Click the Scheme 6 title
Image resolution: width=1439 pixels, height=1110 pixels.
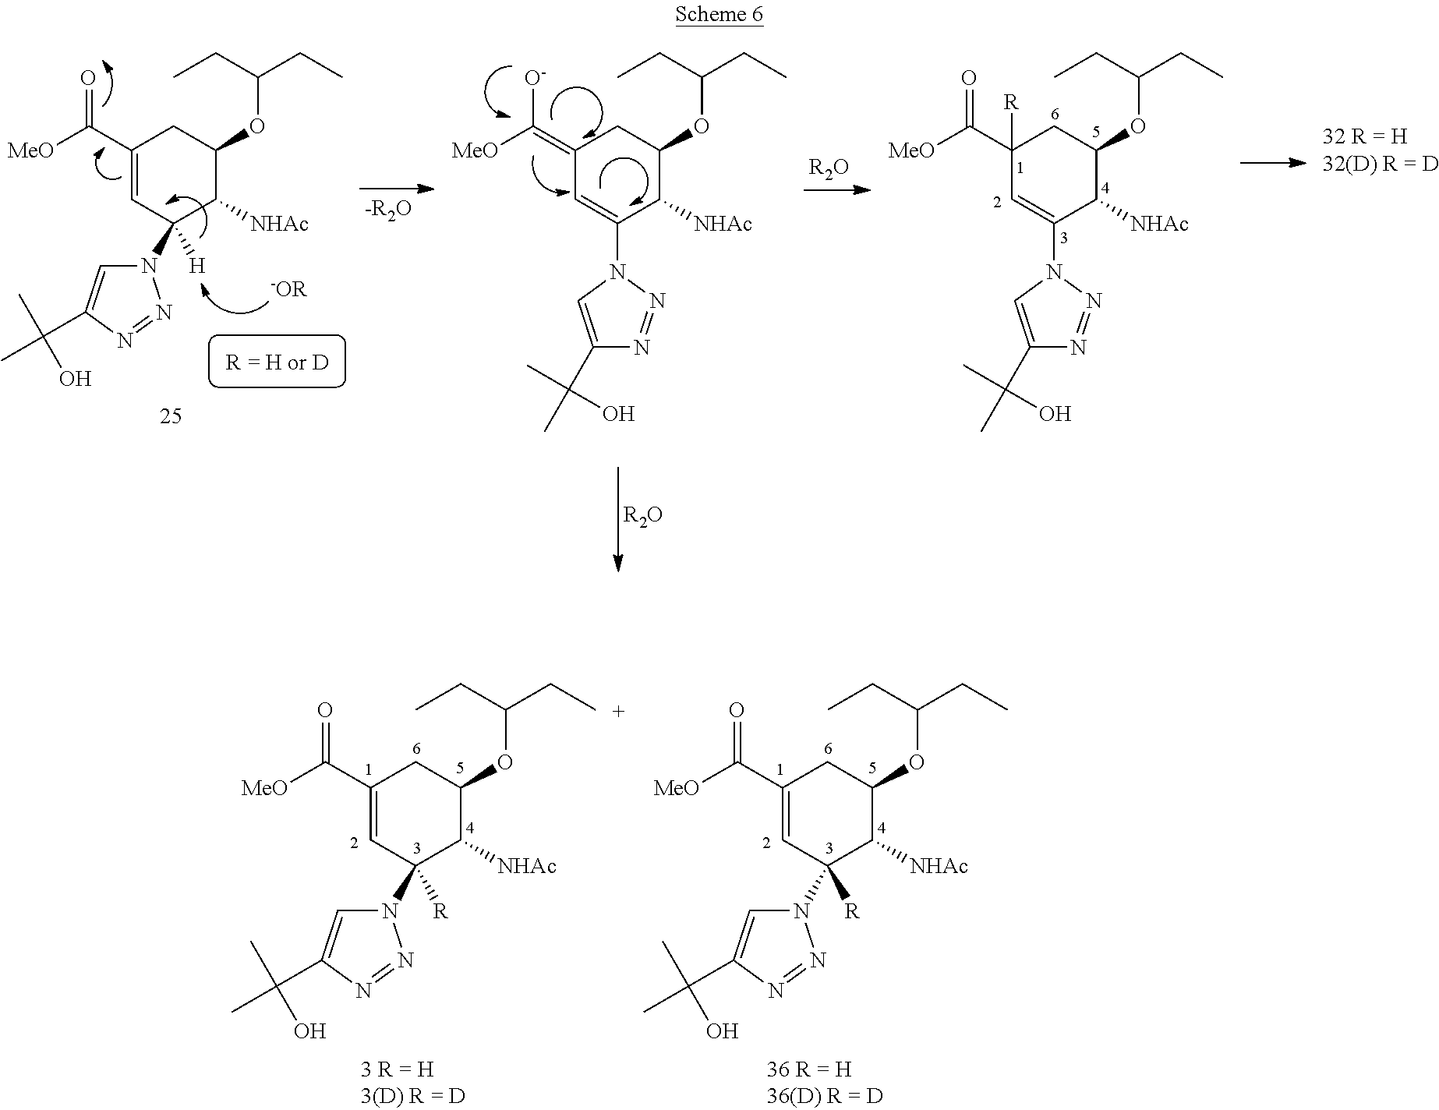coord(719,14)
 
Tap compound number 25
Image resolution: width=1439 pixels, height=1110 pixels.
coord(171,416)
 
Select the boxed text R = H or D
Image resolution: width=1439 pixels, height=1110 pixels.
coord(277,362)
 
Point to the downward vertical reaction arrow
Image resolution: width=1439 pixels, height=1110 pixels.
coord(618,519)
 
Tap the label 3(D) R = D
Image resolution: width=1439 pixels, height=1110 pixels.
coord(408,1096)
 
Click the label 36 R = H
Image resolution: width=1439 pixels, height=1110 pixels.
coord(808,1068)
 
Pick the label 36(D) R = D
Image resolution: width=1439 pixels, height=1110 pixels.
coord(824,1096)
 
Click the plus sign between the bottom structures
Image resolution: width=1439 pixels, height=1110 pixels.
coord(619,712)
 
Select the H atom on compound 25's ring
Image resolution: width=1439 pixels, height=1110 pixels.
coord(197,266)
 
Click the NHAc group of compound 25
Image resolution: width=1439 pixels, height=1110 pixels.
coord(278,224)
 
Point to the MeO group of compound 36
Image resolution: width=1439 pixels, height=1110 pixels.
coord(677,788)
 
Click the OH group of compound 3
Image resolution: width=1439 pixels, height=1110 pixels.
coord(309,1031)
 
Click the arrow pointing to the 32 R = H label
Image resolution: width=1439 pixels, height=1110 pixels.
coord(1272,163)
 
